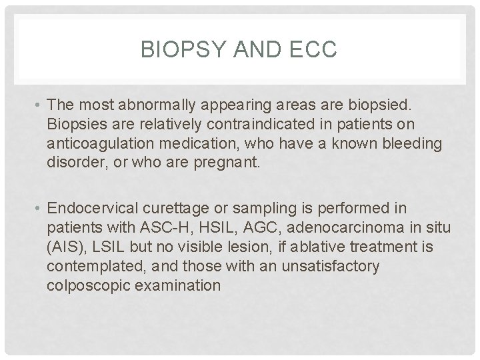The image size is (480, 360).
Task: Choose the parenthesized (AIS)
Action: pyautogui.click(x=65, y=247)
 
